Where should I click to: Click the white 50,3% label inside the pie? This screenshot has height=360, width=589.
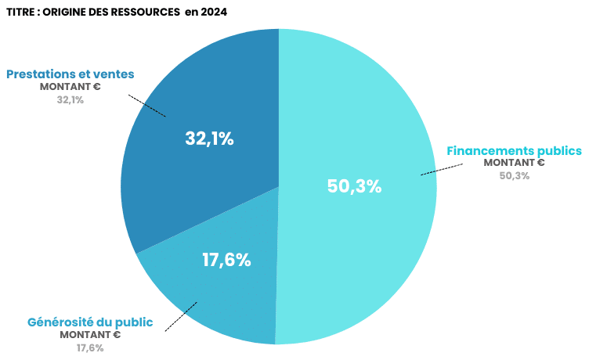coord(353,186)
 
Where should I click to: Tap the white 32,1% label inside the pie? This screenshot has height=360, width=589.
coord(209,139)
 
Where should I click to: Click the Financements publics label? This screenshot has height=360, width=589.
coord(514,150)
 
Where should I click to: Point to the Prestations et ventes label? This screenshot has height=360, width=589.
coord(70,74)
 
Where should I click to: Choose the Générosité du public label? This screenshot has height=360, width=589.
coord(90,322)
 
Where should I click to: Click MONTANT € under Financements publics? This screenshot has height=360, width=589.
coord(514,163)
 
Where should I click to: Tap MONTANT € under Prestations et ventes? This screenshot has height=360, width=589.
coord(70,87)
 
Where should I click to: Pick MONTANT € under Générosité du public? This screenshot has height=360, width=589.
coord(90,335)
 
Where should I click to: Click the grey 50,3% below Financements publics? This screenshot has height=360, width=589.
coord(515,175)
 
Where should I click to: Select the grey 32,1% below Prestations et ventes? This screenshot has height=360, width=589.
coord(70,99)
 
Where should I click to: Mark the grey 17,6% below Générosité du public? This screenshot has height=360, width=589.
coord(90,347)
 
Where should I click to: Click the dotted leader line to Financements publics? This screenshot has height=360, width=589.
coord(438,169)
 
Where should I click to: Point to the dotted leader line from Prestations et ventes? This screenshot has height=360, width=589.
coord(147,106)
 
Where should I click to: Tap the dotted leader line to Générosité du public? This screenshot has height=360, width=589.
coord(181,316)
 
